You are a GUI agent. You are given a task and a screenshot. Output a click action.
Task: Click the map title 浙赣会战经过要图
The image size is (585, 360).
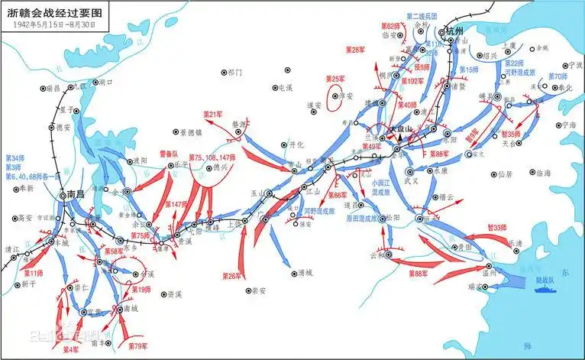pyautogui.click(x=52, y=11)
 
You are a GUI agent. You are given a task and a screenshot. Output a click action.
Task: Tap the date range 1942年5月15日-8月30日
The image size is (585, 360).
pyautogui.click(x=53, y=24)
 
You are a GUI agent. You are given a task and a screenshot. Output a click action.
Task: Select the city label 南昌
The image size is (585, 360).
pyautogui.click(x=76, y=194)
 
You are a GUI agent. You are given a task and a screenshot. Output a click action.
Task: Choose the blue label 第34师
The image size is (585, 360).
pyautogui.click(x=15, y=158)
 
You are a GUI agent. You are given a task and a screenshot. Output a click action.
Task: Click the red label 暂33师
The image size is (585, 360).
pyautogui.click(x=499, y=227)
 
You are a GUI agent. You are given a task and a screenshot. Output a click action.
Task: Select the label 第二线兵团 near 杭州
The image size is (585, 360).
pyautogui.click(x=421, y=16)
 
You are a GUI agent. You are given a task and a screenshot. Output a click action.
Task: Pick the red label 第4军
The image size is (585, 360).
pyautogui.click(x=70, y=349)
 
